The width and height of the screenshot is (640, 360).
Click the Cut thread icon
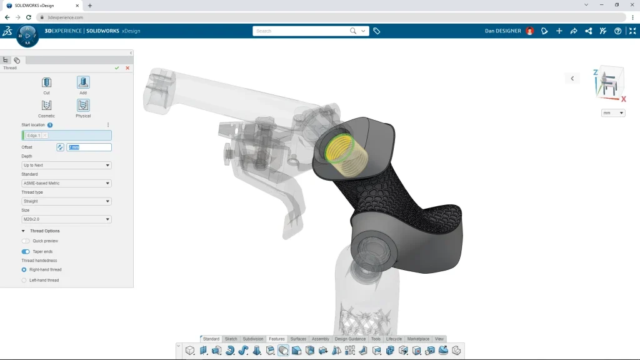pos(46,82)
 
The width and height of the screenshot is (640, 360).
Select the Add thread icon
pos(83,82)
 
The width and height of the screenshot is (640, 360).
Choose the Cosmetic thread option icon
pos(46,105)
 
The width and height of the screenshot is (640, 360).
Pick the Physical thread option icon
pos(83,105)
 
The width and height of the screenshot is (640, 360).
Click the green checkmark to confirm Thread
pos(117,67)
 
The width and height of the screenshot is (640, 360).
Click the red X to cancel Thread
pos(127,67)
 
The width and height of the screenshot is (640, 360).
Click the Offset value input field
pos(89,147)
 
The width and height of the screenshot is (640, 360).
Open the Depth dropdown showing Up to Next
pos(66,166)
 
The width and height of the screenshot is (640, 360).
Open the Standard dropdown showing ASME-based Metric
pos(66,183)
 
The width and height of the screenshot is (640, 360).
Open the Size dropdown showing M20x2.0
pos(66,219)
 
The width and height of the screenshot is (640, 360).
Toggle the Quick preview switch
pos(26,241)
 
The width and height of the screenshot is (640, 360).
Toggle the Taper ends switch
pos(26,251)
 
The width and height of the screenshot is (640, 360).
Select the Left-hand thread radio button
pos(24,280)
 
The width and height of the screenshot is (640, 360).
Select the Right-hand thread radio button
pos(24,269)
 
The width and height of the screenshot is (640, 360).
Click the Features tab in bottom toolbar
pos(277,339)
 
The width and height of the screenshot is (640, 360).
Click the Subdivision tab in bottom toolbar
pos(253,339)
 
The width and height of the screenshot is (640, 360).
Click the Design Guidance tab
pos(350,339)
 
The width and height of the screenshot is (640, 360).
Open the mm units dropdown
pos(612,113)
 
